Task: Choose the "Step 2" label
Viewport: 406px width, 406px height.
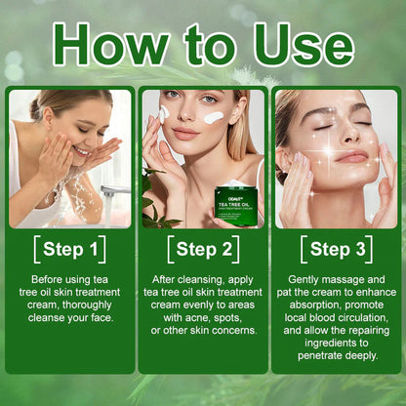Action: [202, 250]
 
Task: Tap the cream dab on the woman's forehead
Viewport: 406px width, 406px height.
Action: [213, 117]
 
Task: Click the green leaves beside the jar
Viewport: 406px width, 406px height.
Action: [153, 195]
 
